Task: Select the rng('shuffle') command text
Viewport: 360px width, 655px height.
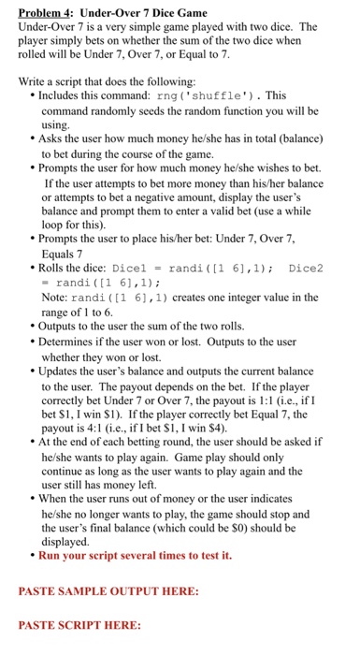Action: pyautogui.click(x=212, y=95)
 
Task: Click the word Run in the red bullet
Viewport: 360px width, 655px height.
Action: pyautogui.click(x=50, y=555)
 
